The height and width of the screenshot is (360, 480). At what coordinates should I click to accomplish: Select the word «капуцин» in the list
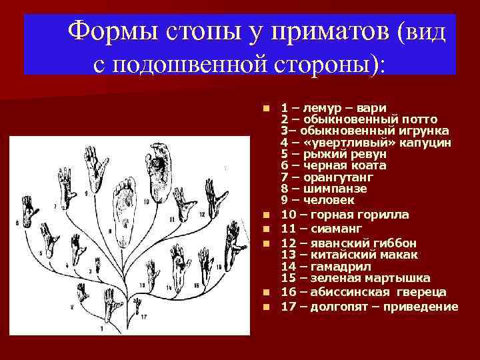pos(427,143)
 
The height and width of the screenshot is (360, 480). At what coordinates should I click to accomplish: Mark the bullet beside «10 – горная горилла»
pos(267,215)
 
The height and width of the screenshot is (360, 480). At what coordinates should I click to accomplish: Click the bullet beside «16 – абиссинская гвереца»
pos(267,293)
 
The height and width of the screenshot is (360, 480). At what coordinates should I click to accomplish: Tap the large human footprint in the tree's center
pos(124,207)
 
